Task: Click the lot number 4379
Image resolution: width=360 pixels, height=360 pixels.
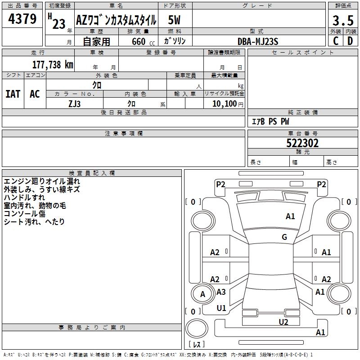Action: pos(22,18)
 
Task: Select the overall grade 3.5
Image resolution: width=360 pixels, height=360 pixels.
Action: pos(343,20)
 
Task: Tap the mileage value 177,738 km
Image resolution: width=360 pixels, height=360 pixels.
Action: pos(53,64)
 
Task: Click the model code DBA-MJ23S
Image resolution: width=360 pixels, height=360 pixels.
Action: pos(258,41)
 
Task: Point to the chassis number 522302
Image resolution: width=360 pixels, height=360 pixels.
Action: pos(302,143)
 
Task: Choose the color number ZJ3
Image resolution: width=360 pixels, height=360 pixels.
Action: pos(75,104)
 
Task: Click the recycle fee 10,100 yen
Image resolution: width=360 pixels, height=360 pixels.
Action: pos(228,104)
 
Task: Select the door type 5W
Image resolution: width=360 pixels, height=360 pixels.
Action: pos(174,20)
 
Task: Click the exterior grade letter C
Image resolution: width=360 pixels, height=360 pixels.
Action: pos(336,41)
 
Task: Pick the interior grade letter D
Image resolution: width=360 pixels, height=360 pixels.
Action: pos(350,41)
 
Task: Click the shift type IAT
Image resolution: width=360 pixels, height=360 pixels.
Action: pos(13,94)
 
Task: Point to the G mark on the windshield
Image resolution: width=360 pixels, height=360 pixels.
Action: pos(284,237)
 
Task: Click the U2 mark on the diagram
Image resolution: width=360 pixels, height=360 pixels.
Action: pos(283,322)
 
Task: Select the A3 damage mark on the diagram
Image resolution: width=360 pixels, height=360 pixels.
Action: pos(221,292)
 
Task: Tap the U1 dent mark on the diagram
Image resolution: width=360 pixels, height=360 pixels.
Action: pos(221,308)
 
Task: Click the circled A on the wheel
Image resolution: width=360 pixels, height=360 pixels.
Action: pos(203,294)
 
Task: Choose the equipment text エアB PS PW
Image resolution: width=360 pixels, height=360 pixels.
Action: pos(271,121)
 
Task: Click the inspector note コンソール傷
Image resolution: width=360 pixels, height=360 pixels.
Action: pos(25,213)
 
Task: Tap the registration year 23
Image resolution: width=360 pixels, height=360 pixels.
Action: pos(59,24)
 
